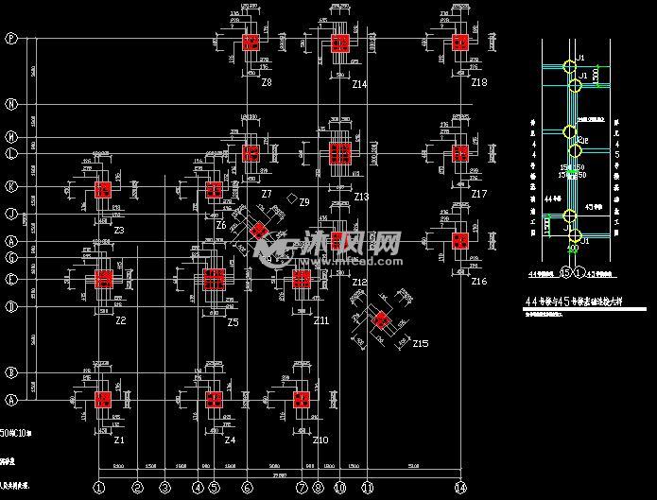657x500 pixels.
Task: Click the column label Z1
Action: [x=120, y=440]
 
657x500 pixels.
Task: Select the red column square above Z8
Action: [x=251, y=42]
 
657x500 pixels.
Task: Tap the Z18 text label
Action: [x=479, y=83]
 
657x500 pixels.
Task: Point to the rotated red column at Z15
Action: [x=381, y=319]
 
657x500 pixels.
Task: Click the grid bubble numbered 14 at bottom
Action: [x=460, y=488]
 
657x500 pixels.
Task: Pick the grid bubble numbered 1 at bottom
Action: [x=98, y=488]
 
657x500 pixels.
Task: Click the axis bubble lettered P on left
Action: [x=11, y=39]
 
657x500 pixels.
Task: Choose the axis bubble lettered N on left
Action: [x=11, y=104]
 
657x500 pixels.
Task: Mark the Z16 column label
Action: [x=479, y=282]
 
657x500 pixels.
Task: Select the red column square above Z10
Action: [x=302, y=399]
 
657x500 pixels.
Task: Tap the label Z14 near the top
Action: [x=359, y=85]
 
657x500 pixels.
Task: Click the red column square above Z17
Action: [x=460, y=153]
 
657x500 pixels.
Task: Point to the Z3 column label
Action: [x=120, y=231]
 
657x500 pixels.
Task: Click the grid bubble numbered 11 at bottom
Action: [x=367, y=488]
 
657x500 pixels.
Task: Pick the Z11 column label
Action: [x=321, y=321]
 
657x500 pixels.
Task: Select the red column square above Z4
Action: [x=214, y=399]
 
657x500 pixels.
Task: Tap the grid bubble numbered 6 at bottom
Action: [x=247, y=488]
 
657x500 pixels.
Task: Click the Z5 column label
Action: [x=233, y=322]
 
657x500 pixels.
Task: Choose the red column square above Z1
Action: [x=103, y=399]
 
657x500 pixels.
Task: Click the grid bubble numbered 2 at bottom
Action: [x=137, y=488]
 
